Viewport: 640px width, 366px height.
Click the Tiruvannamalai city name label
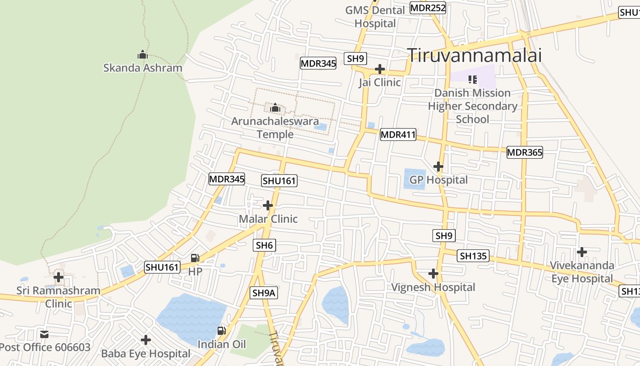(474, 55)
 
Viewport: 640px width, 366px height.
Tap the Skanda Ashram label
(143, 68)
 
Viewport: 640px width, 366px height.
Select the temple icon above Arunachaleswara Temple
(275, 108)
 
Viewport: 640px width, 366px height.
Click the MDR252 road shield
(427, 8)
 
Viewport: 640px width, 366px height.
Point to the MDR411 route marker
(398, 135)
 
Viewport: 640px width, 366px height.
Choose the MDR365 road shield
(524, 152)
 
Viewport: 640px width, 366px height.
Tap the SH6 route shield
(264, 245)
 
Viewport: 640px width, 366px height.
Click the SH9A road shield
(264, 292)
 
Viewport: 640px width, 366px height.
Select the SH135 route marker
(473, 256)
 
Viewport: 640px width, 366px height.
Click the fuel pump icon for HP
(195, 258)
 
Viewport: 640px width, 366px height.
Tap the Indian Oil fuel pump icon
(222, 330)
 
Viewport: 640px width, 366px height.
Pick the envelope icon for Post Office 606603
(44, 334)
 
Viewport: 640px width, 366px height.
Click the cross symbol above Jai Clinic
(379, 69)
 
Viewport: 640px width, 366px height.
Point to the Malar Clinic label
(268, 219)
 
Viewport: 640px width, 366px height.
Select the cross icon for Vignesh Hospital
(433, 274)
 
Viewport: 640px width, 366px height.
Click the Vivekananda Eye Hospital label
(581, 272)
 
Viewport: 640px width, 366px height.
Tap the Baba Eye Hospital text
(145, 353)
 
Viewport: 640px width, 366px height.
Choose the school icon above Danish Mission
(473, 80)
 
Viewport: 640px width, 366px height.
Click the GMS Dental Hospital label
(375, 16)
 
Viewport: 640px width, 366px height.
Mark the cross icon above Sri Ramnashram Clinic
(59, 277)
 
